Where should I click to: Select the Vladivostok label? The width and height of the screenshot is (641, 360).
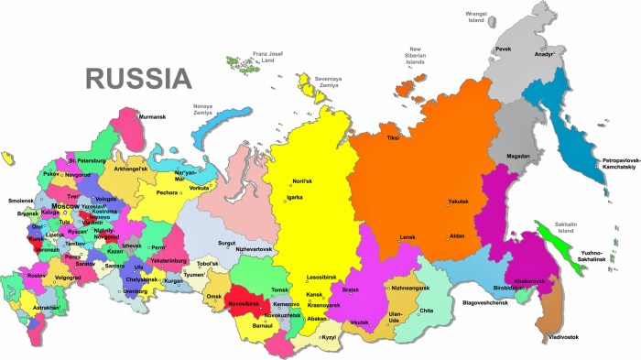562,337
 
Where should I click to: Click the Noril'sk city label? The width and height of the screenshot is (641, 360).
303,180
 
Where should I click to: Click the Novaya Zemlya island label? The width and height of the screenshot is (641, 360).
208,109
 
